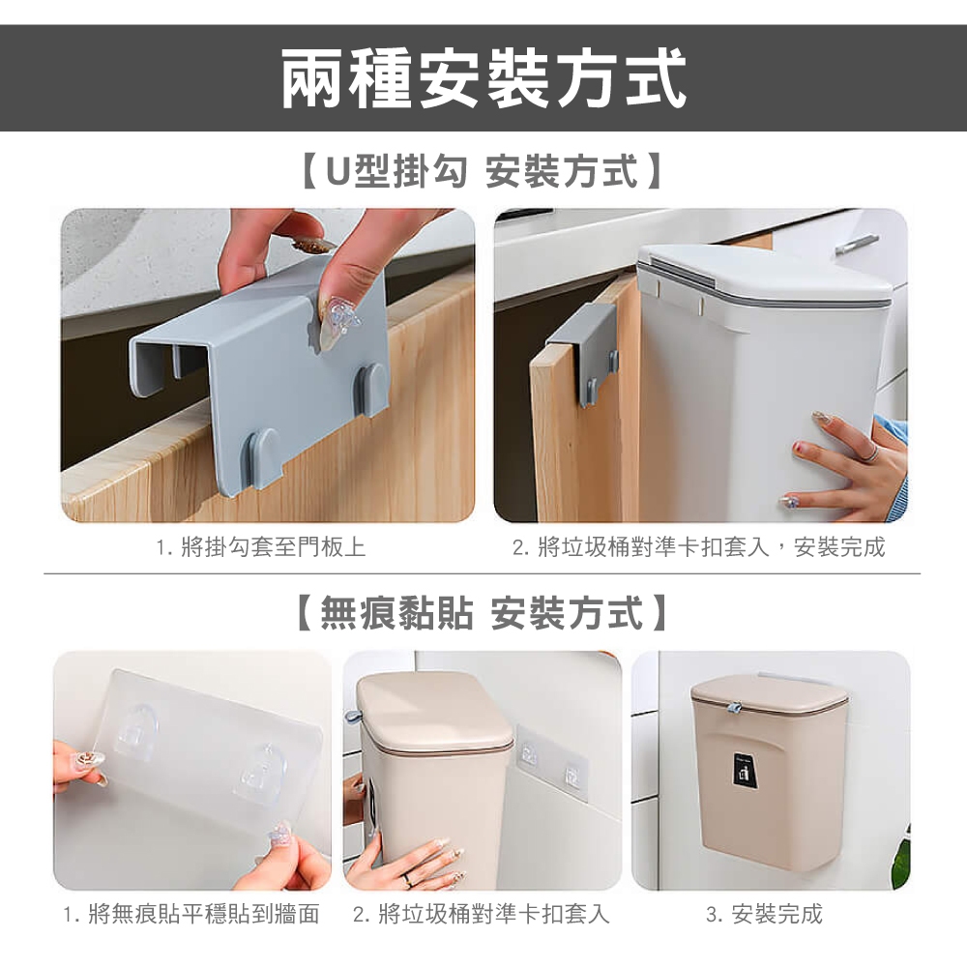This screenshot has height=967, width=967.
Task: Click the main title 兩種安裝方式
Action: pos(483,79)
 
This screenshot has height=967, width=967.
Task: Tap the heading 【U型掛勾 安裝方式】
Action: pos(483,171)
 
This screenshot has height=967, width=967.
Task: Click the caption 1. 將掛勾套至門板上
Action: pos(261,546)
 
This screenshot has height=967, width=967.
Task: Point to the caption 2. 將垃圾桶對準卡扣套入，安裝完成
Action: pos(699,546)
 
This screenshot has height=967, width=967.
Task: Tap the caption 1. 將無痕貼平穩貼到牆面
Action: pos(191,914)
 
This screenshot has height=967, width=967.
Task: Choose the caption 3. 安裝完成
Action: pos(764,914)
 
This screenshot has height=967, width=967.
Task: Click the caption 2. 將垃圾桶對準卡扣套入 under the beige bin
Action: pos(481,914)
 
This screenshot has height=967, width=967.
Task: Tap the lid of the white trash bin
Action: pos(765,275)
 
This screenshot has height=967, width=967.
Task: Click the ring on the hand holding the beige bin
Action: pos(408,880)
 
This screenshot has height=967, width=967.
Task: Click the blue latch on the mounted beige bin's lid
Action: pos(734,706)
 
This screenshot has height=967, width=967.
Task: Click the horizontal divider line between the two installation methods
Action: pos(483,573)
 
